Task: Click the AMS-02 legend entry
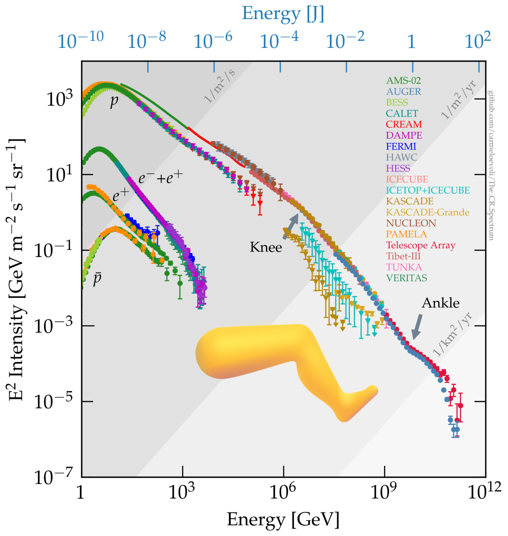coord(403,80)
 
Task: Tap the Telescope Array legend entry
coord(420,245)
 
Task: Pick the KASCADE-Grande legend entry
coord(428,212)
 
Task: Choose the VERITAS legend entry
coord(406,278)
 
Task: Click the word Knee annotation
coord(266,247)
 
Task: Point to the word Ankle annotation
coord(440,303)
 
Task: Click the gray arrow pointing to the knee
coord(291,226)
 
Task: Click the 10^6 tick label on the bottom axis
coord(284,492)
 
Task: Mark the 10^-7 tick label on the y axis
coord(54,477)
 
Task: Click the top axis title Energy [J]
coord(283,14)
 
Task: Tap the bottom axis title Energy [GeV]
coord(283,520)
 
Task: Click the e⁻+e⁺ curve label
coord(160,178)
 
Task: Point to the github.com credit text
coord(490,165)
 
